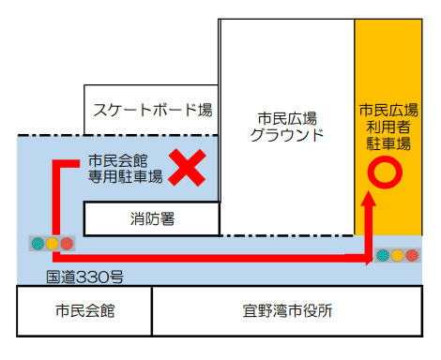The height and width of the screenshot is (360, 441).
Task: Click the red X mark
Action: coord(187,168)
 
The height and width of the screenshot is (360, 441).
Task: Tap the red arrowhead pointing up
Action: coord(369,198)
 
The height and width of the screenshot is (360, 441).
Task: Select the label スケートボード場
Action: coord(153,110)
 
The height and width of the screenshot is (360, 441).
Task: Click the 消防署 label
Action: coord(152,218)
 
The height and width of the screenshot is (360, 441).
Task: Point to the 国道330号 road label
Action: coord(84,277)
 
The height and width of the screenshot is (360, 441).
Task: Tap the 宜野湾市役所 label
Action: coord(287,311)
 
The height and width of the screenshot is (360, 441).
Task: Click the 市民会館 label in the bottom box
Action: coord(85,311)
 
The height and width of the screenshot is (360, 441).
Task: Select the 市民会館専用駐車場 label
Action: coord(125,169)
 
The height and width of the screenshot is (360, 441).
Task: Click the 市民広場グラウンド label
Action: coord(287,127)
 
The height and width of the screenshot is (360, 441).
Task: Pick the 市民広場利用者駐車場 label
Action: coord(388,127)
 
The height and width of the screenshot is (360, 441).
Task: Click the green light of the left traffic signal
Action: coord(38,244)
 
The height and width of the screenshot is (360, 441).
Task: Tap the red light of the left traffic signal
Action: coord(67,244)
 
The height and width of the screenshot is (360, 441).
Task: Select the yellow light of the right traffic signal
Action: coord(397,255)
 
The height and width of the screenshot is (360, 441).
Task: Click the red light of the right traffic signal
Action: coord(412,255)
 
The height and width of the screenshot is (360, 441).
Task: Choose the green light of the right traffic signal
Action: coord(383,255)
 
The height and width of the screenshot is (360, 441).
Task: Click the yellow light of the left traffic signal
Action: coord(53,244)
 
